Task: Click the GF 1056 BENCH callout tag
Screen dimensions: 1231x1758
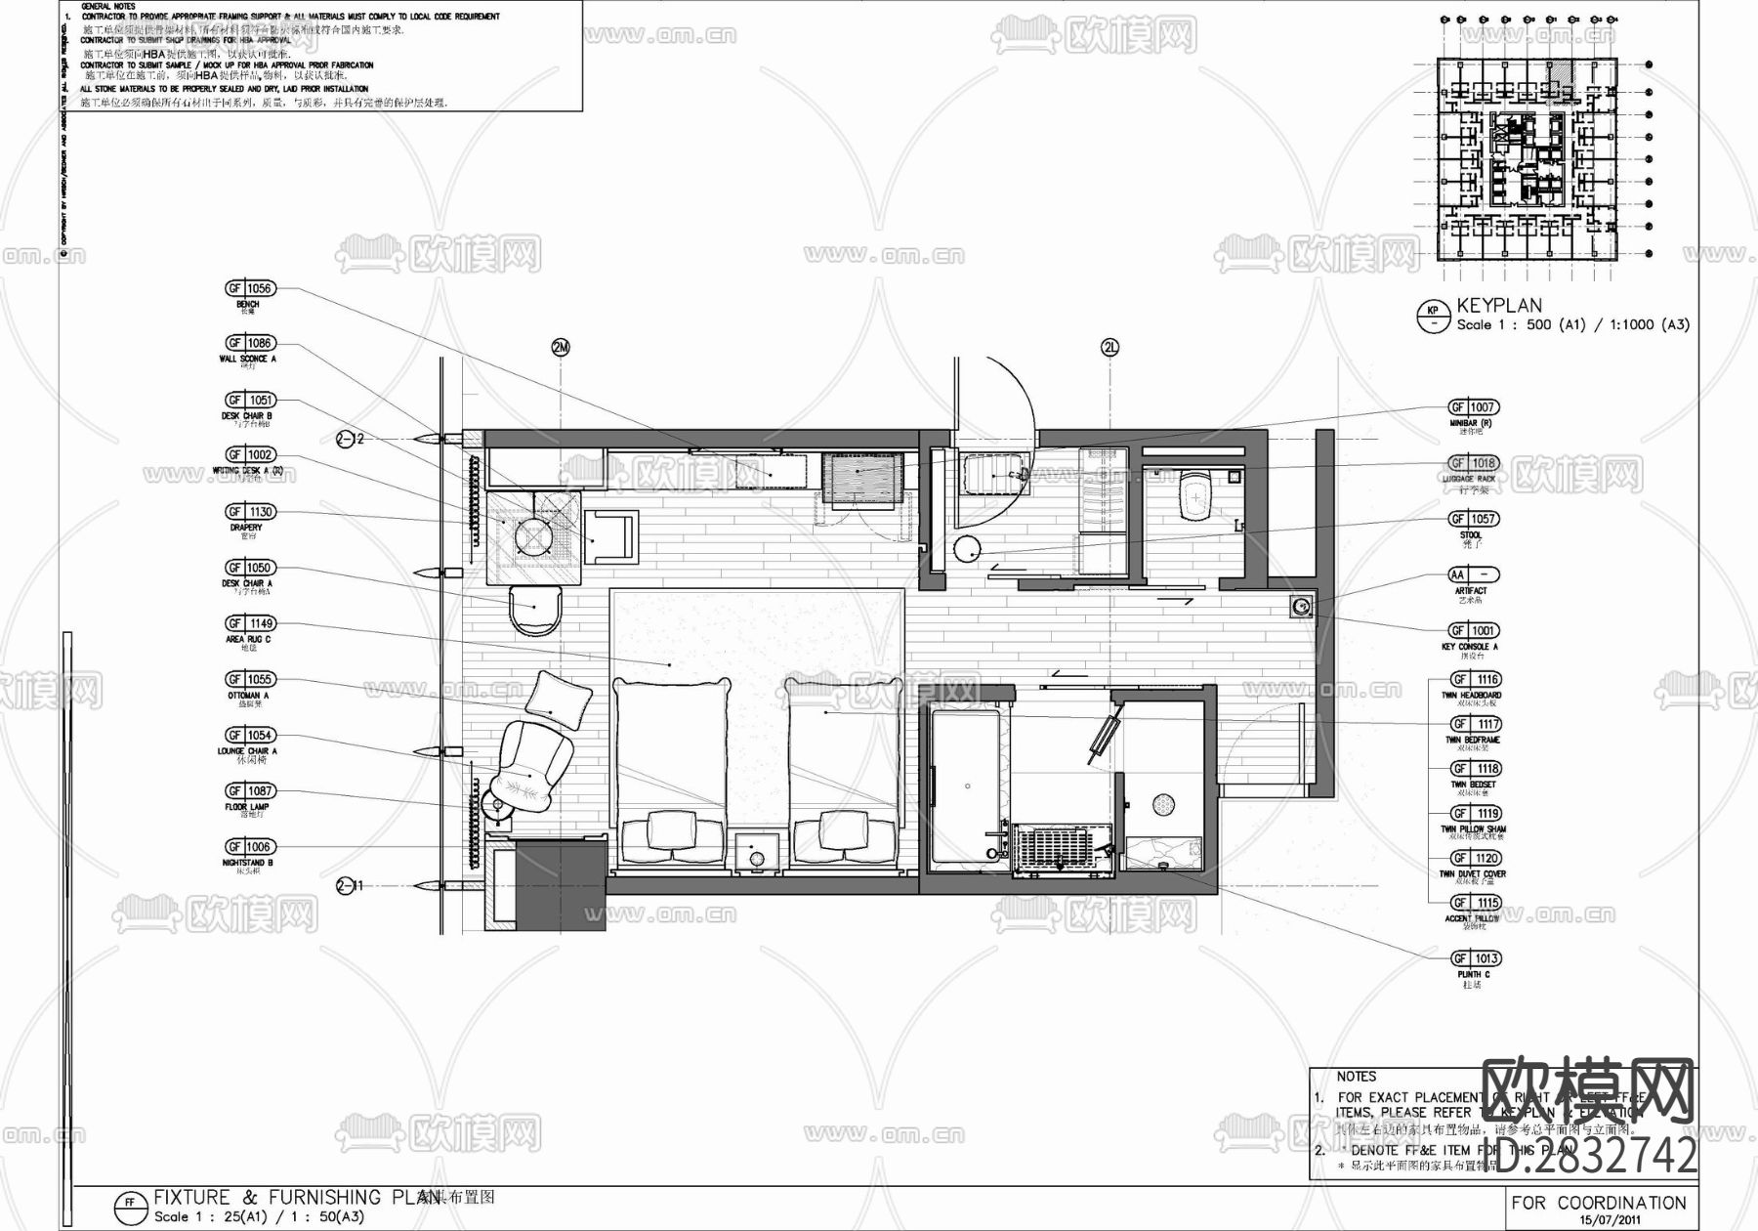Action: click(250, 288)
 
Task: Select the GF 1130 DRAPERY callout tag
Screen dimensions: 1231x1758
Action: click(250, 512)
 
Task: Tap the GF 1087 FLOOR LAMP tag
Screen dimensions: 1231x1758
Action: click(250, 791)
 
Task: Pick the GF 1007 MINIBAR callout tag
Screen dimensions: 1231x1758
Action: click(1473, 407)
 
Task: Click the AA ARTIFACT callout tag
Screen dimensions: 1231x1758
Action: click(1473, 575)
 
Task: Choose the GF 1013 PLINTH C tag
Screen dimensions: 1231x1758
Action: click(1473, 958)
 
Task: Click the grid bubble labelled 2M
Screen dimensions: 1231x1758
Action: click(560, 348)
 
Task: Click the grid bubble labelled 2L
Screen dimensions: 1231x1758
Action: click(1109, 348)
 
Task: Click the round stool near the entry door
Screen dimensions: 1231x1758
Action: click(967, 550)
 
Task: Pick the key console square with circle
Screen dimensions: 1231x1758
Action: click(1300, 607)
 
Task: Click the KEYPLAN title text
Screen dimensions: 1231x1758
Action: click(1499, 306)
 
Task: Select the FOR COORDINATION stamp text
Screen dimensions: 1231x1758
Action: click(1598, 1203)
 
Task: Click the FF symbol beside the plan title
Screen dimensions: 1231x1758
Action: click(128, 1204)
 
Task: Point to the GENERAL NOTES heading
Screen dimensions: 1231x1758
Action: click(108, 6)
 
